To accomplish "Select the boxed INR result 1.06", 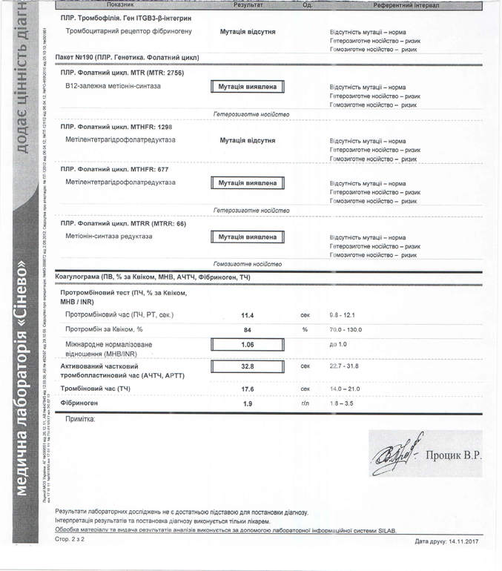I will coord(248,345).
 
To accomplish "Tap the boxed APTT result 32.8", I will coord(248,366).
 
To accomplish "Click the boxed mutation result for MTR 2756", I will coord(248,87).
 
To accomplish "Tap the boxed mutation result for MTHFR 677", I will coord(248,182).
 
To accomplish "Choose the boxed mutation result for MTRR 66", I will coord(248,237).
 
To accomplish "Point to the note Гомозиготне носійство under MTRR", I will coord(247,264).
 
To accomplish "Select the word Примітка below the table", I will coord(80,419).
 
